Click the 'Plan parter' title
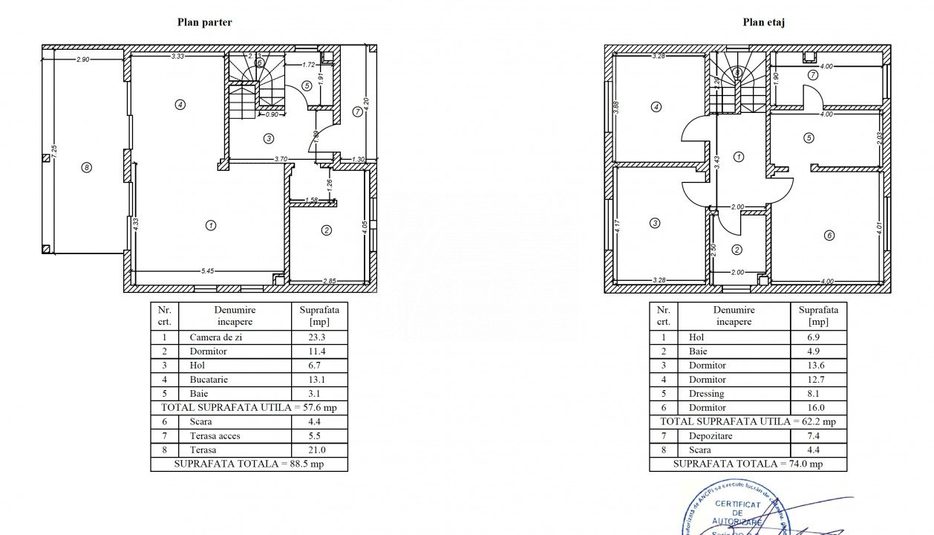pos(204,22)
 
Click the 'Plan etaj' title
pos(763,22)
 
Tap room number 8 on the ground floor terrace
pos(87,168)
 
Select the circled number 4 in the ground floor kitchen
pos(180,105)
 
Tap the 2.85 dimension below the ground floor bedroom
pos(330,281)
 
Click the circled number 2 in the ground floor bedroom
pos(326,230)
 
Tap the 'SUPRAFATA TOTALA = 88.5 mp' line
pos(249,464)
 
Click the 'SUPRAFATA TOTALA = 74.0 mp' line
pos(748,464)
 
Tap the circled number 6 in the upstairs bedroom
pos(829,236)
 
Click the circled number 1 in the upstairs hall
pos(739,157)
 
